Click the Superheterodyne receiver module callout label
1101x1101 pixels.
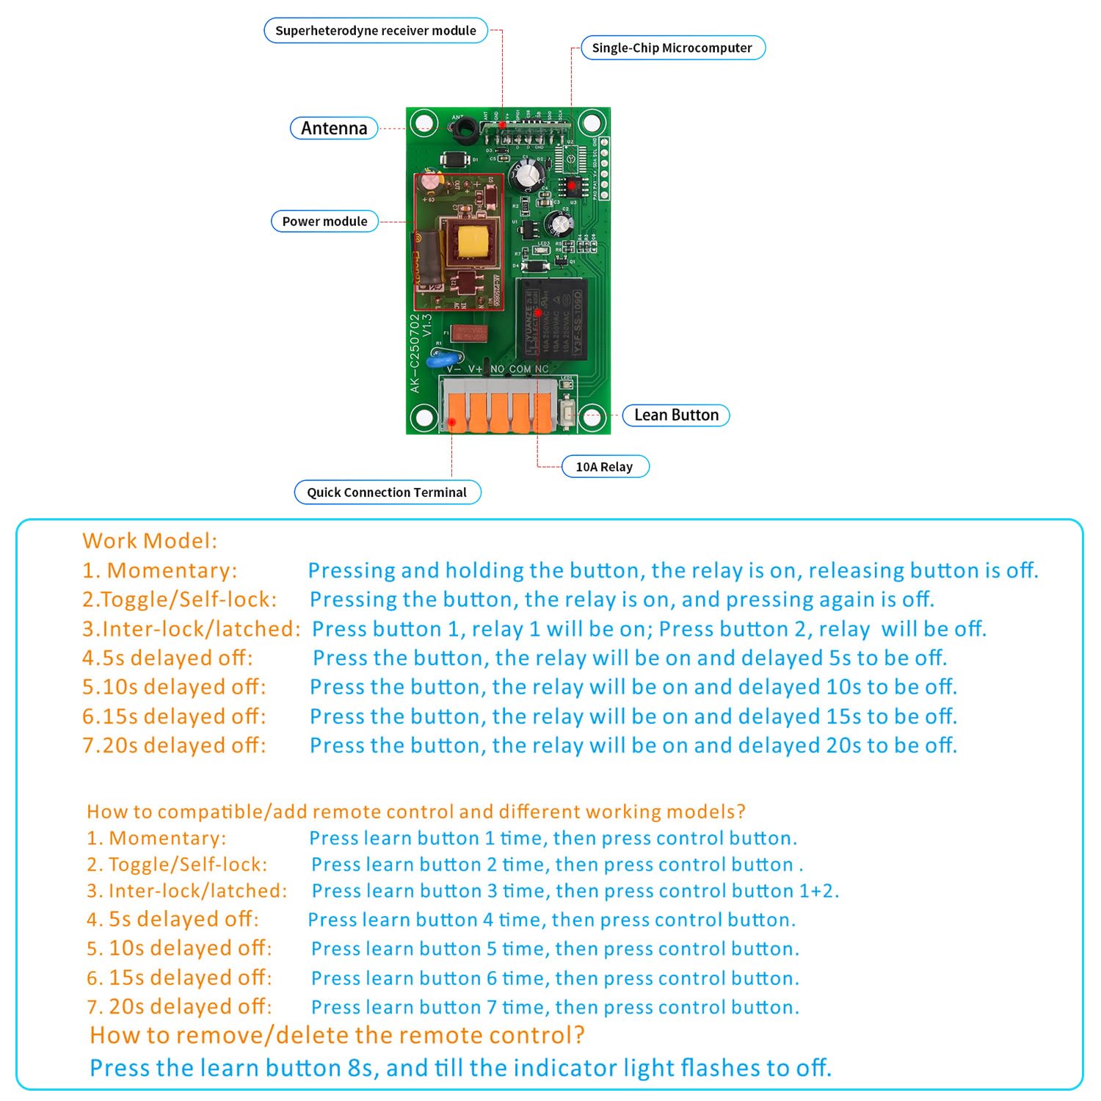(x=375, y=31)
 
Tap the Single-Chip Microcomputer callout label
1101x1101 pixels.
(x=672, y=48)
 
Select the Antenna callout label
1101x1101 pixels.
(x=334, y=128)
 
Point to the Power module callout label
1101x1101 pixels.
(x=324, y=222)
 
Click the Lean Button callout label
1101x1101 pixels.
(x=676, y=415)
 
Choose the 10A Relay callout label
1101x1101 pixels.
(x=604, y=467)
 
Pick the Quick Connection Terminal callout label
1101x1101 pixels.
(x=387, y=493)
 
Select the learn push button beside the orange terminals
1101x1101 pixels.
(x=567, y=412)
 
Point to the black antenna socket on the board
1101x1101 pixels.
(x=463, y=130)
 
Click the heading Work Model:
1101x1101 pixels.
(x=150, y=541)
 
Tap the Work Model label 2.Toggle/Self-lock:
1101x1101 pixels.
(x=180, y=600)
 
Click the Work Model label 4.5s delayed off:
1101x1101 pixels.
(x=167, y=658)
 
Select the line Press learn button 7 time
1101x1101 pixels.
(x=554, y=1007)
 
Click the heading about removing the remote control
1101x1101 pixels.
(x=337, y=1036)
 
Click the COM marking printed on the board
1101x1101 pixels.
(x=520, y=369)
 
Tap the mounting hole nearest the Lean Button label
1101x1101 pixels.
(x=591, y=418)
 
